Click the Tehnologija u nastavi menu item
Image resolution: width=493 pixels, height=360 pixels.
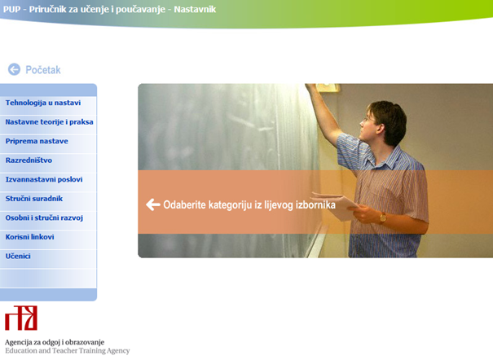(x=43, y=103)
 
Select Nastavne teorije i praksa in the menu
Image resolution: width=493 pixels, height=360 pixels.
(x=50, y=122)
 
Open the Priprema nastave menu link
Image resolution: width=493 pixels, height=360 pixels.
(x=37, y=142)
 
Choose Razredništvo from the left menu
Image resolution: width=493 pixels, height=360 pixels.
(x=29, y=160)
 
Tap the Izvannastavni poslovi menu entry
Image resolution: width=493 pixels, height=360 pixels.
(x=44, y=179)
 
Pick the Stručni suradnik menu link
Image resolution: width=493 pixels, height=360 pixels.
(x=34, y=199)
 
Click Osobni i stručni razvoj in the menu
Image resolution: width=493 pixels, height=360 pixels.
(x=44, y=217)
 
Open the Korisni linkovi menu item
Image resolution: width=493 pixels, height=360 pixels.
(x=29, y=237)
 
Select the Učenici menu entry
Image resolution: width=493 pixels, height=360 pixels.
(x=18, y=256)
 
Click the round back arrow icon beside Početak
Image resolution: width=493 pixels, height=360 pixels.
(x=14, y=69)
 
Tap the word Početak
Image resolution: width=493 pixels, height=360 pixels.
(x=43, y=70)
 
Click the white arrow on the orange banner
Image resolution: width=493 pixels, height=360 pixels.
(x=153, y=204)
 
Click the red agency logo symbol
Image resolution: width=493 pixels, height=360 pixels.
(x=21, y=318)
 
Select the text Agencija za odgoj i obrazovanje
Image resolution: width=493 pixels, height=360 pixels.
(x=55, y=342)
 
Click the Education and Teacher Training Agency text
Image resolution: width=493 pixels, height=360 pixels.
(x=68, y=350)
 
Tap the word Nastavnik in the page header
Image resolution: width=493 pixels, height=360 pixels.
(x=195, y=9)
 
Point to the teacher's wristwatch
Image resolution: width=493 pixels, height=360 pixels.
(x=383, y=217)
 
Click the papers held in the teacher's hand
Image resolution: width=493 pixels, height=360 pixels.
(x=336, y=206)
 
